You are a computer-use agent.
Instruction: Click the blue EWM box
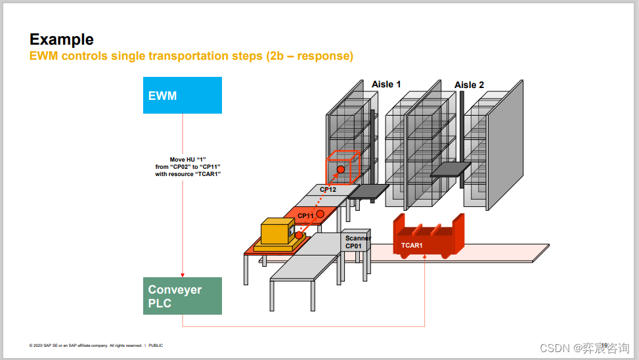click(182, 95)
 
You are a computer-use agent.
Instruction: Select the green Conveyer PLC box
click(182, 296)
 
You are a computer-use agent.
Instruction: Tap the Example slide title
click(62, 39)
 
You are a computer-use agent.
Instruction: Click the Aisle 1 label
click(386, 84)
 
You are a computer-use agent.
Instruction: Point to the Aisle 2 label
click(469, 85)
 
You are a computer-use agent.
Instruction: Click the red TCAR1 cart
click(428, 237)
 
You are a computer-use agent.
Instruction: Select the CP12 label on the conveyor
click(328, 189)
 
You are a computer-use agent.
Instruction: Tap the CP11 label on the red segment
click(305, 216)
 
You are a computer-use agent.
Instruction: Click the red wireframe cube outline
click(343, 167)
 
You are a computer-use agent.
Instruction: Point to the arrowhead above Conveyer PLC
click(182, 275)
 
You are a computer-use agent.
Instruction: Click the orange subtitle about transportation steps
click(191, 56)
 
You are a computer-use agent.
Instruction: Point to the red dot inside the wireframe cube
click(341, 170)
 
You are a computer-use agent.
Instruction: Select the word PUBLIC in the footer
click(156, 346)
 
